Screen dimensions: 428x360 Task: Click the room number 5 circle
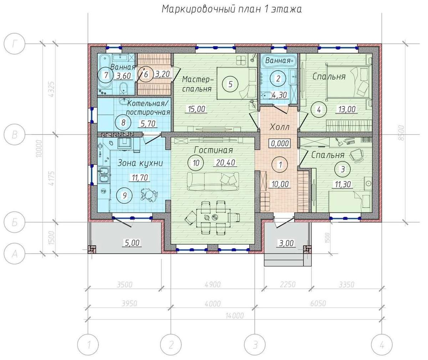tap(230, 84)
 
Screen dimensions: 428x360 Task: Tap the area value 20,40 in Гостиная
tap(225, 163)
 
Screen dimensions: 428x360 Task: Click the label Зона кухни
tap(140, 163)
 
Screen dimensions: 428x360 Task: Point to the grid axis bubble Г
tap(14, 44)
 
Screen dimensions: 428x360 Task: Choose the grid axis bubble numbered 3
tap(255, 345)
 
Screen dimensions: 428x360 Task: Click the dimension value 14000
tap(235, 316)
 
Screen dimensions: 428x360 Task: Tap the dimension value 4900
tap(213, 285)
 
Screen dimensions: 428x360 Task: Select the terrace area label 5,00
tap(132, 243)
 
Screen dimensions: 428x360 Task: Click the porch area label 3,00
tap(286, 243)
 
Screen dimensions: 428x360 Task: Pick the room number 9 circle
tap(124, 196)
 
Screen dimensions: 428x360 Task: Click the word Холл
tap(279, 127)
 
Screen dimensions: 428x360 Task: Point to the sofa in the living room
tap(213, 181)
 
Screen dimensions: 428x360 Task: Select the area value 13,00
tap(346, 109)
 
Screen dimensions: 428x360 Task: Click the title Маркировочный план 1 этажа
tap(231, 9)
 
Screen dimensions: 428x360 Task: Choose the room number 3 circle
tap(342, 169)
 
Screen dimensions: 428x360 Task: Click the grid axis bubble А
tap(14, 254)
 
